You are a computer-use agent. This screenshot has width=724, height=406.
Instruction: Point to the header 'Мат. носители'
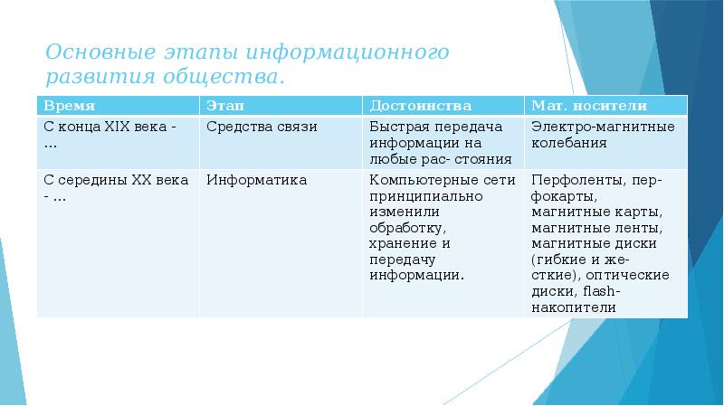[x=577, y=105]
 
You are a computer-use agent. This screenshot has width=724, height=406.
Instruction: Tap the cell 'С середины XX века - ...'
[x=116, y=188]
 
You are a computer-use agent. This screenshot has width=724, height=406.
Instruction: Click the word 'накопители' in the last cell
[x=574, y=307]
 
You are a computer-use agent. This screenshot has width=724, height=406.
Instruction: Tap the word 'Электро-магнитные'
[x=603, y=127]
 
